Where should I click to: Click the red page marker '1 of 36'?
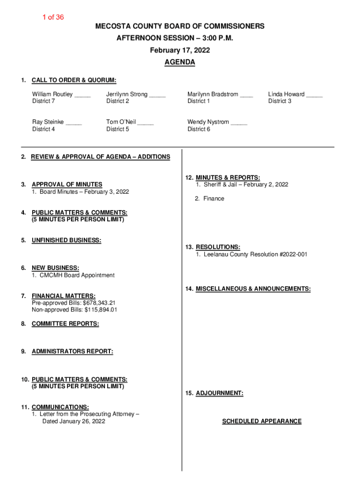click(53, 17)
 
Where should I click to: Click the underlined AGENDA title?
click(180, 62)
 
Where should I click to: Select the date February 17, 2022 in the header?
click(180, 51)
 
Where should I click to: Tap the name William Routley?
click(52, 94)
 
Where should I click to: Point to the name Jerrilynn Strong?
click(127, 94)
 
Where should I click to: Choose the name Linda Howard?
click(286, 94)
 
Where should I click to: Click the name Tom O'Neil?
click(121, 122)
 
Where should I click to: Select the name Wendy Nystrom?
click(208, 122)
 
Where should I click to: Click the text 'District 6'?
click(199, 129)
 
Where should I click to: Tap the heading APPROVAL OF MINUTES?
click(67, 185)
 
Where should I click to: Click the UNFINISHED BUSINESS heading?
click(66, 240)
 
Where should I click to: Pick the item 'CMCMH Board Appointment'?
click(77, 276)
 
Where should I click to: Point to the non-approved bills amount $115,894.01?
click(101, 310)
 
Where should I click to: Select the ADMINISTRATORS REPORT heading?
click(72, 351)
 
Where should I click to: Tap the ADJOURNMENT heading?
click(219, 393)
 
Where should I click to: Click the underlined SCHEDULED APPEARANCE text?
click(262, 421)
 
